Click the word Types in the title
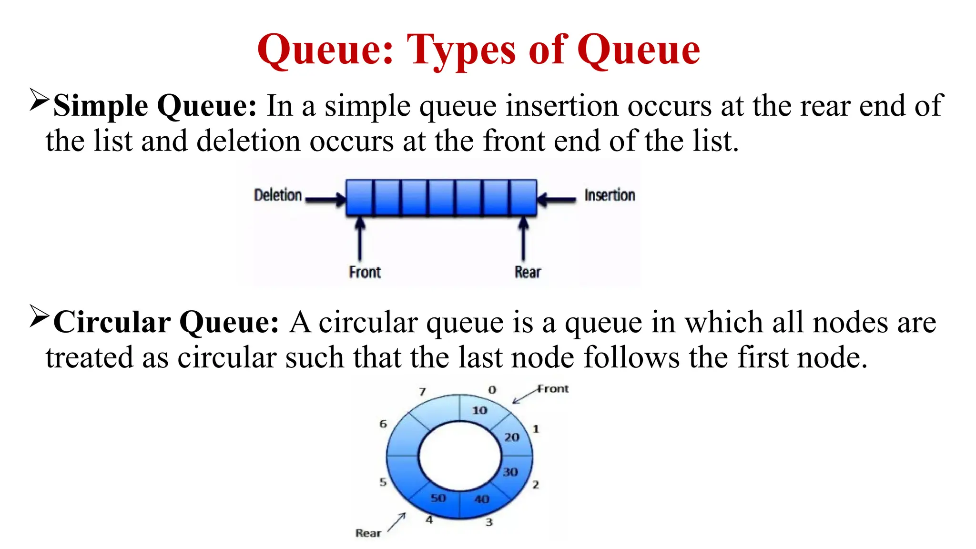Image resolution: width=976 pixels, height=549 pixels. pos(461,50)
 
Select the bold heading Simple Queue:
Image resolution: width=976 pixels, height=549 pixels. pos(155,106)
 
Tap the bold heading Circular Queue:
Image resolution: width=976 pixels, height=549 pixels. pos(166,323)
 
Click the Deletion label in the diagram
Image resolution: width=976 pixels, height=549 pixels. pos(278,195)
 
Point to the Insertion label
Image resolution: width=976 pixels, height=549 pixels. pos(610,195)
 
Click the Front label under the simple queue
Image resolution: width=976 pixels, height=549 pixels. pos(365,272)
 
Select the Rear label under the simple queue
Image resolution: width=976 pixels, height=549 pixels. pos(528,272)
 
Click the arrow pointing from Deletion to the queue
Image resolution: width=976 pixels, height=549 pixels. pos(325,200)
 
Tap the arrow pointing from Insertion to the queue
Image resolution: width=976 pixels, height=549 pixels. pos(557,200)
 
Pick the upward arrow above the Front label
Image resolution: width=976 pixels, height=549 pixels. pos(360,238)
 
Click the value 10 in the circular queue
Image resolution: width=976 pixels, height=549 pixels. pos(479,410)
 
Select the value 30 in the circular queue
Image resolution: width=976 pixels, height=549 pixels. pos(510,472)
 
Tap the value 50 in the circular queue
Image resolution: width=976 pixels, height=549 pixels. pos(438,498)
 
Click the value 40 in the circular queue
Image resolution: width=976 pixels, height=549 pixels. pos(482,499)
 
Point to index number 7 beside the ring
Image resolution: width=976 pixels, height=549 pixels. pos(422,392)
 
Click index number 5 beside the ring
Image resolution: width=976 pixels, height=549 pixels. pos(383,482)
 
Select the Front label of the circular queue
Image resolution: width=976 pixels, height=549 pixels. pos(553,389)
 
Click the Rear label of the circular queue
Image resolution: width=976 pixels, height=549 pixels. pos(368,533)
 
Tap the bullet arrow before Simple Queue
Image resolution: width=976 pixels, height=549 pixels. pos(39,99)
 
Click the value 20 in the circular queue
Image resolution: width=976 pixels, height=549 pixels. pos(512,437)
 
